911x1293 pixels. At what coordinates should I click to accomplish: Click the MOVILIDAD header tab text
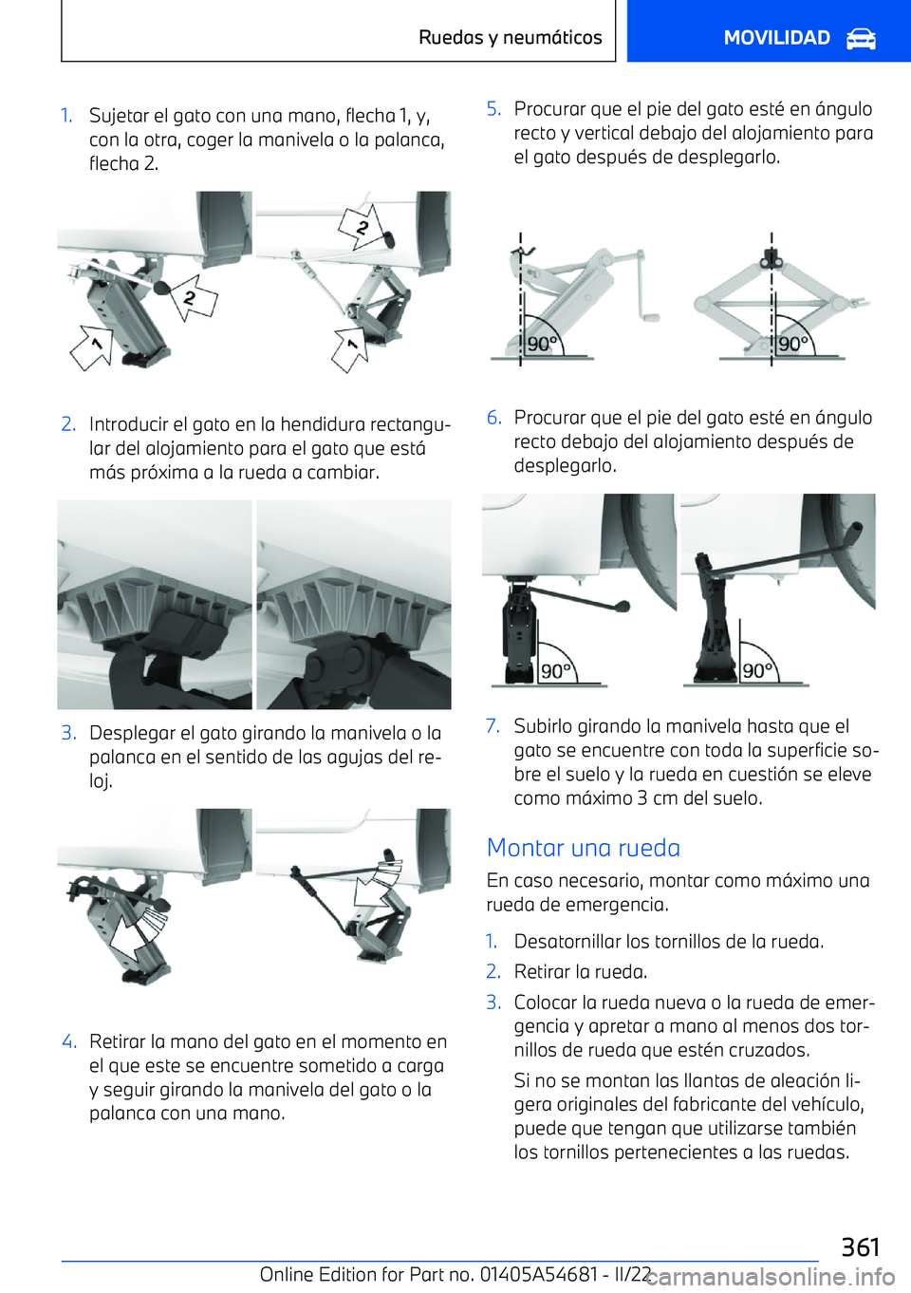click(x=776, y=38)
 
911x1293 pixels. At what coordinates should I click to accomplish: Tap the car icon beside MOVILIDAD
click(x=861, y=39)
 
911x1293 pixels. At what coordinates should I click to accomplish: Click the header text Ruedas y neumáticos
click(x=510, y=38)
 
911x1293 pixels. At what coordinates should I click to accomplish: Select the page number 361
click(x=860, y=1246)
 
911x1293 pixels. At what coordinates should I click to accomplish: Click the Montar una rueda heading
click(x=583, y=848)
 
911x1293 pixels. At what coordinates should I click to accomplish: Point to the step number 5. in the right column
click(x=493, y=109)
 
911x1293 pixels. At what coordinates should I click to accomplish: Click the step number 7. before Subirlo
click(x=493, y=726)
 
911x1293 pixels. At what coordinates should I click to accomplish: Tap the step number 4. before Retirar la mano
click(x=68, y=1041)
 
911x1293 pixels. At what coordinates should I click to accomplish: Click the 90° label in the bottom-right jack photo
click(x=757, y=670)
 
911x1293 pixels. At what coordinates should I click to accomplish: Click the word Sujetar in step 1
click(x=119, y=116)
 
